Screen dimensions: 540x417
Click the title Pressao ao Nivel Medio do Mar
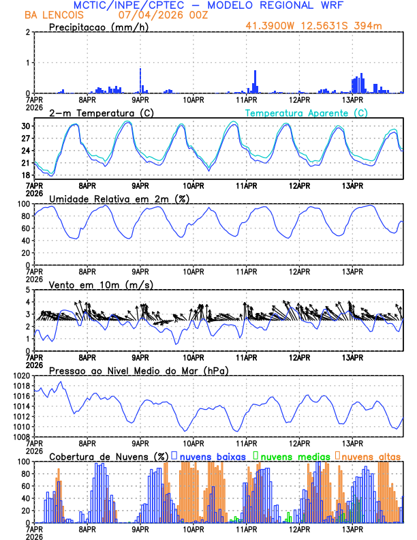138,370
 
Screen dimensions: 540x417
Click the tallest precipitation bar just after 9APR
140,80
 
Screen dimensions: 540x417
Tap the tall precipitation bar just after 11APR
255,81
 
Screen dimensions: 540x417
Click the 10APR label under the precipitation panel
194,100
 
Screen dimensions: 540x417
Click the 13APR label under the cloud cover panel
352,528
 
